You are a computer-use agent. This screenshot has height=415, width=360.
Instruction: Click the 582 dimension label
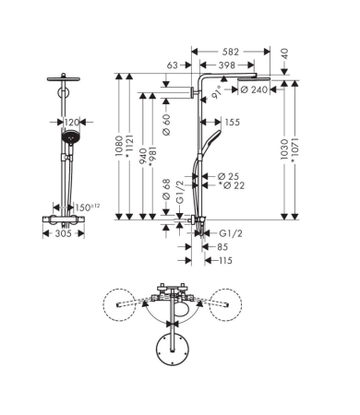(x=231, y=52)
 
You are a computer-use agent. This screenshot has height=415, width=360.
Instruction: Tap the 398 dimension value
(x=227, y=65)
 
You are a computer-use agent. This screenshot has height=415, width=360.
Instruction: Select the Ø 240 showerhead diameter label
(x=254, y=89)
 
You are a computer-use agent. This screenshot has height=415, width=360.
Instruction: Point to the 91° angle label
(x=216, y=92)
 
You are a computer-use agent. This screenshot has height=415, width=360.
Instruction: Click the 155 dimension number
(x=232, y=122)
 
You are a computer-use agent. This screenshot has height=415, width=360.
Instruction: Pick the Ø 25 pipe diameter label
(x=228, y=176)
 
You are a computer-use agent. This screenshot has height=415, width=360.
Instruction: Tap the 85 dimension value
(x=222, y=247)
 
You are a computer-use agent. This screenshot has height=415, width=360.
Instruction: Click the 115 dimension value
(x=225, y=261)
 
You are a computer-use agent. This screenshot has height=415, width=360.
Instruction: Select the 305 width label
(x=64, y=233)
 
